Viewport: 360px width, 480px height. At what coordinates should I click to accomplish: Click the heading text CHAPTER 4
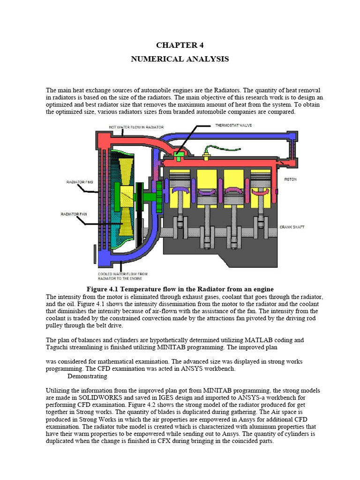click(x=180, y=45)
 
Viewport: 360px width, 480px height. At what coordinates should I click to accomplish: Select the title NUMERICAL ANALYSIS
click(x=180, y=59)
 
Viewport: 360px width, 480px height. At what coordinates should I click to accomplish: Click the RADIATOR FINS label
click(x=72, y=181)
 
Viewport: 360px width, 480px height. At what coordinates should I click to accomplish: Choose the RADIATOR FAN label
click(x=72, y=214)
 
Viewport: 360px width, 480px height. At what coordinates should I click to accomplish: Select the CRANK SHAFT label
click(x=292, y=227)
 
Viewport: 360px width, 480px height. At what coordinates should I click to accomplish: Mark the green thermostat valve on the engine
click(x=179, y=156)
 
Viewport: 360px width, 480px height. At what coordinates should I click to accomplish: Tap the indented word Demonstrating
click(x=87, y=376)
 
